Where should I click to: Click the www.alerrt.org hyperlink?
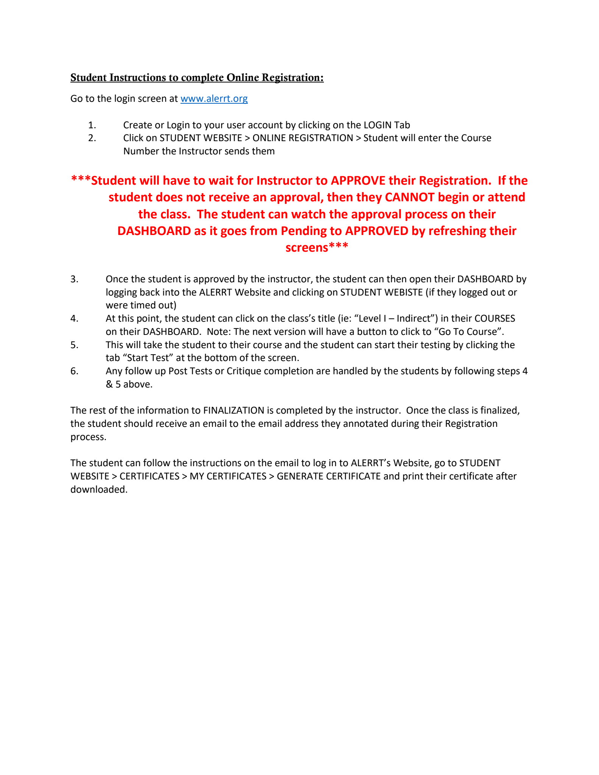click(x=214, y=99)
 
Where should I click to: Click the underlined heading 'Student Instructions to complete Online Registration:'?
click(x=197, y=78)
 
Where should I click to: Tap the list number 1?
click(x=92, y=125)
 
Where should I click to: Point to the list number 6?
click(x=75, y=371)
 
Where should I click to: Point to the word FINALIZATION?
click(x=233, y=411)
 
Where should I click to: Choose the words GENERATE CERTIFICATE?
click(x=328, y=476)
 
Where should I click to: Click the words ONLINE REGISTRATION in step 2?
click(x=303, y=138)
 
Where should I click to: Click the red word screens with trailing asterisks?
click(x=316, y=247)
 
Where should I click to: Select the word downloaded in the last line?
click(x=98, y=490)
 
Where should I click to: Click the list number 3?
click(x=75, y=279)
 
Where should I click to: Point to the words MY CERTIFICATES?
click(x=228, y=476)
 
